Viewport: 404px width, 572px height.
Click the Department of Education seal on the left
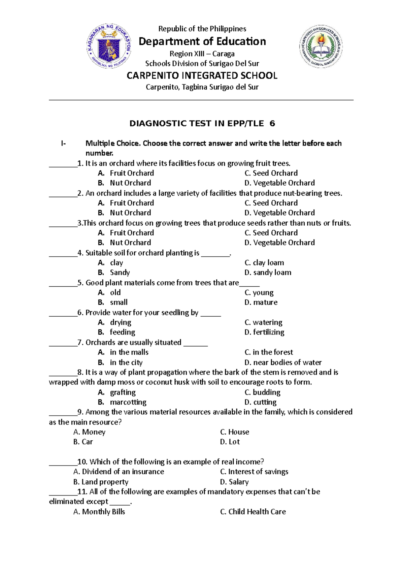[109, 46]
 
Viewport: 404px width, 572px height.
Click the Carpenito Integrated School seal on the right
[321, 46]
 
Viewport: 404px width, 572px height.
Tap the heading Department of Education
[202, 41]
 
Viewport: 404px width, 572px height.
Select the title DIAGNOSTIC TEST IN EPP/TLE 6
[202, 124]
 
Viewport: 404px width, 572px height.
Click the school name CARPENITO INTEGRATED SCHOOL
[202, 75]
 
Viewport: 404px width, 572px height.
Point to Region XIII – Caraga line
[202, 54]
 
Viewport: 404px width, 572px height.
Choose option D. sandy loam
[268, 273]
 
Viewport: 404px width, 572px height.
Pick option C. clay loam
[264, 263]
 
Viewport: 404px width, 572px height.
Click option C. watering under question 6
[264, 322]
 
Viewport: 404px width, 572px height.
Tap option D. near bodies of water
[283, 362]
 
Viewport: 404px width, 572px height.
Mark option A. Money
[90, 432]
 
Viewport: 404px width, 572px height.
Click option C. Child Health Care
[253, 512]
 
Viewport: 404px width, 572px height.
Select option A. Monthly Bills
[99, 512]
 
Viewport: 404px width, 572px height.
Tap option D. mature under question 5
[261, 303]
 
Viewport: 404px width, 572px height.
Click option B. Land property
[101, 482]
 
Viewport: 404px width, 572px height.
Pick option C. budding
[263, 392]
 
